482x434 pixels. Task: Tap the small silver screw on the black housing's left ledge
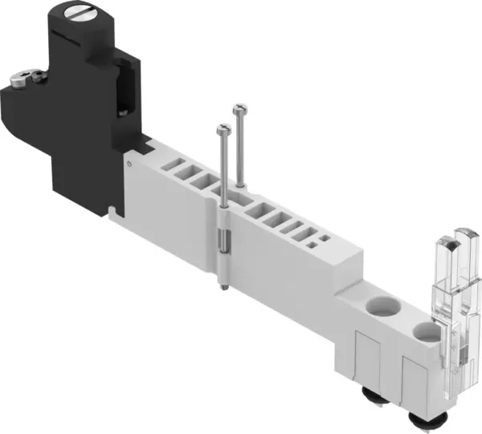click(x=22, y=79)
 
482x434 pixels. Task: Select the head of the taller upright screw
click(x=238, y=107)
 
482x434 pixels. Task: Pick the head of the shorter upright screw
click(x=220, y=127)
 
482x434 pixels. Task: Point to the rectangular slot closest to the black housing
click(x=171, y=168)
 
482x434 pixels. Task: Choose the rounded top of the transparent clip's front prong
click(x=443, y=245)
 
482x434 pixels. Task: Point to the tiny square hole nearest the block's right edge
click(x=322, y=239)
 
